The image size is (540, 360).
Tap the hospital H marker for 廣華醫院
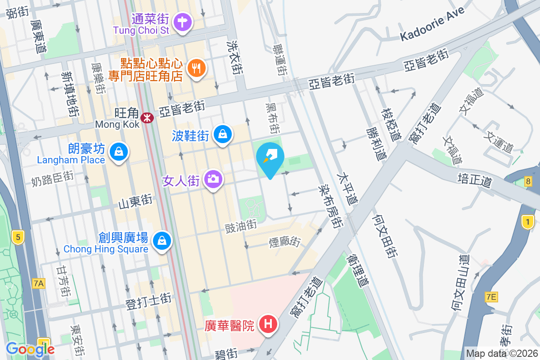click(268, 324)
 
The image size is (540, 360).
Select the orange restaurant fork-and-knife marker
click(196, 68)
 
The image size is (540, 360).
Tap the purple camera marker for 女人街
click(213, 179)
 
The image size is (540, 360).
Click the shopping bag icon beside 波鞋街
click(223, 134)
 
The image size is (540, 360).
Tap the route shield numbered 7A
click(39, 283)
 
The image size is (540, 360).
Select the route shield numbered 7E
click(491, 297)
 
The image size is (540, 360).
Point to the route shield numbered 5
click(18, 237)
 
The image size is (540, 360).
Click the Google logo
click(30, 349)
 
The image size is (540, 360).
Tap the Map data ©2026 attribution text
click(502, 353)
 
